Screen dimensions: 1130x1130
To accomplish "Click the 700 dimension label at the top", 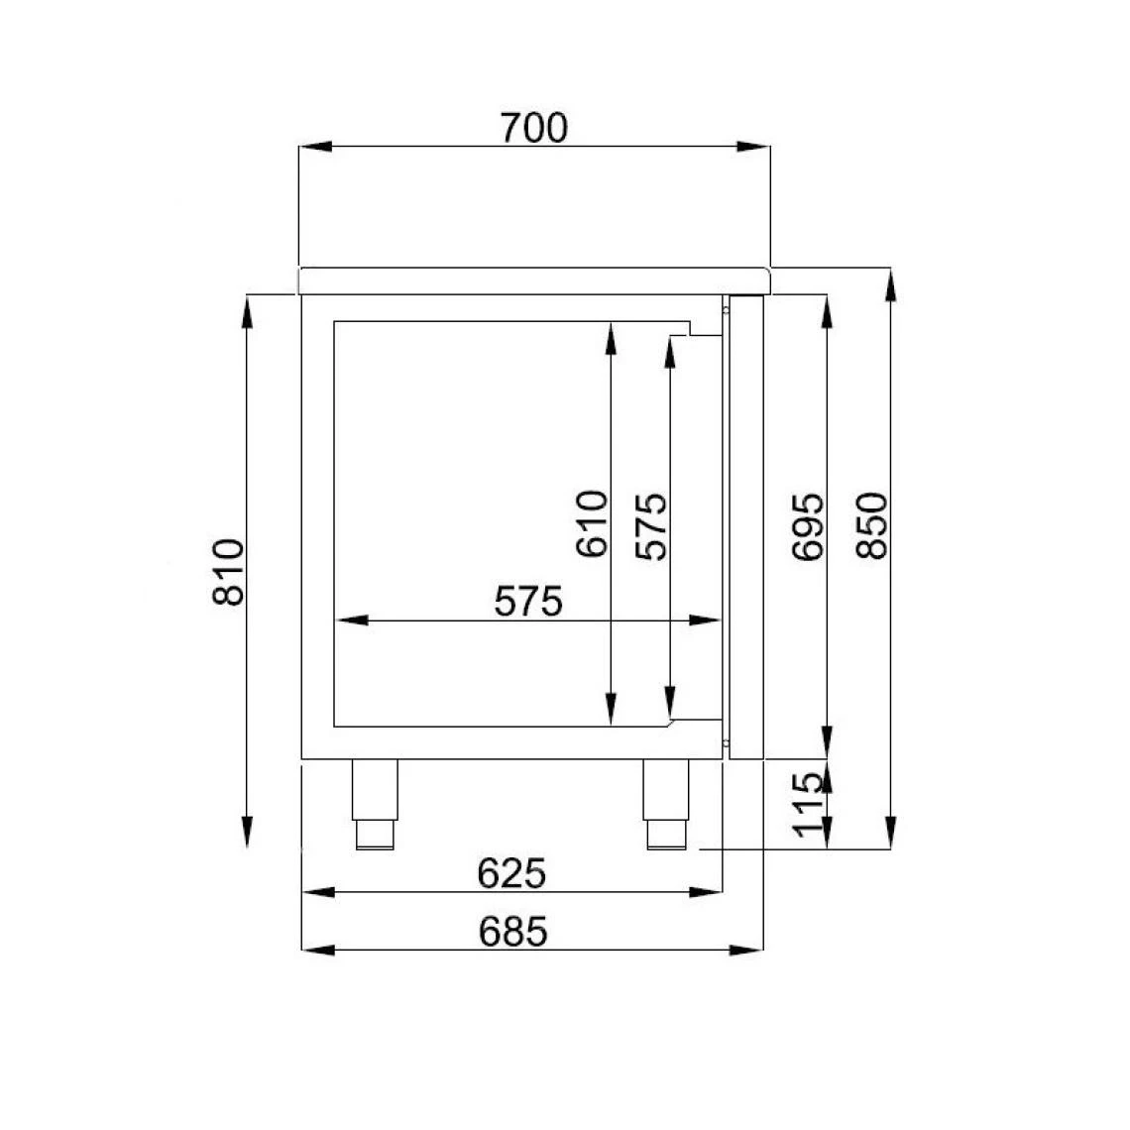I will (534, 128).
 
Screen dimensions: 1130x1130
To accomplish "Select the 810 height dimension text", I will (228, 572).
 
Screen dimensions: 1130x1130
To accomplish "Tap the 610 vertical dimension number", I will (591, 523).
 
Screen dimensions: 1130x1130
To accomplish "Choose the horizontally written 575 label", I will (528, 601).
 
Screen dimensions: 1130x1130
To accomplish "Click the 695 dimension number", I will (808, 525).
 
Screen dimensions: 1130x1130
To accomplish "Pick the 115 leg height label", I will (809, 804).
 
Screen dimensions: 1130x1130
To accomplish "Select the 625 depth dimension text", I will (511, 873).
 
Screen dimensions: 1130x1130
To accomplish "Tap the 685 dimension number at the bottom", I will (512, 931).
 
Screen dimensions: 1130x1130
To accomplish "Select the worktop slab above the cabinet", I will (534, 281).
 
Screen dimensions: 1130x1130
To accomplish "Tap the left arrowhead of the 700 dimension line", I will (315, 148).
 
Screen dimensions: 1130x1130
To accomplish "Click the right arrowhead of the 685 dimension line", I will (749, 951).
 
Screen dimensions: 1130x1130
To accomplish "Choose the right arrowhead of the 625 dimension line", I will (707, 893).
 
